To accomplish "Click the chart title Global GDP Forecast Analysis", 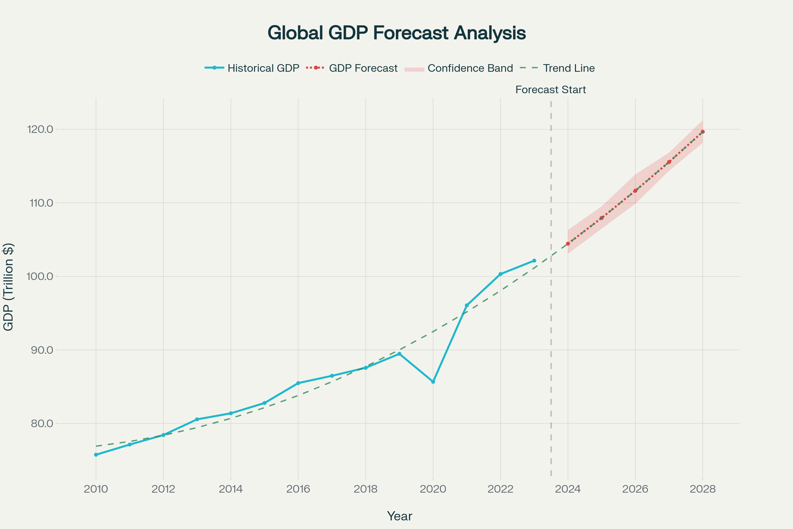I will (397, 33).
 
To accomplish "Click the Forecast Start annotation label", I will (550, 90).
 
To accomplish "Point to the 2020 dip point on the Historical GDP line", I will (433, 382).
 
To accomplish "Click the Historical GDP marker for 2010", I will (96, 455).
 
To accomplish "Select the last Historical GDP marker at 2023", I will (534, 261).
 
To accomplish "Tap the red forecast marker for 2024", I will (568, 244).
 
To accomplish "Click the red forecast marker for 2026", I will (635, 191).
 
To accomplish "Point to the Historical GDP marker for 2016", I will (298, 383).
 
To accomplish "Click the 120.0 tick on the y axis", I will (40, 129).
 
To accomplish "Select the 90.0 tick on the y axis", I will (42, 350).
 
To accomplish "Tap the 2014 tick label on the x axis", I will (231, 489).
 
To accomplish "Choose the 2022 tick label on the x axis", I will (500, 489).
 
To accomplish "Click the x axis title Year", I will (399, 516).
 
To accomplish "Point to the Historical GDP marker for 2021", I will (467, 305).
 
